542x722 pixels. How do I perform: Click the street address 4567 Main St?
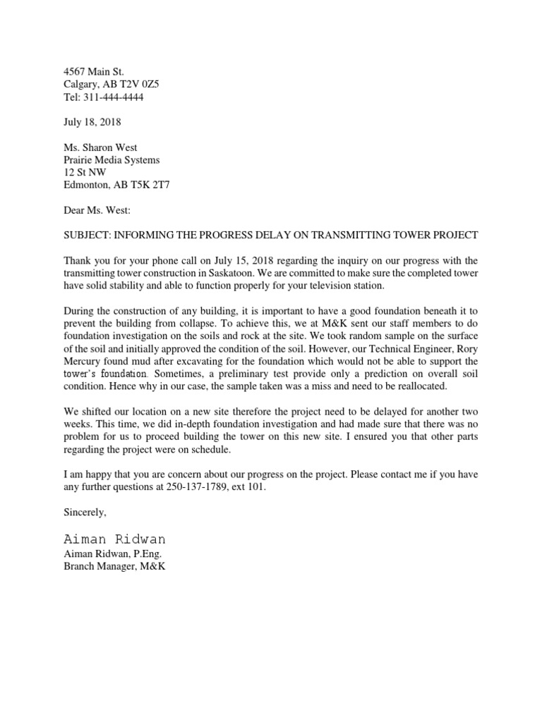coord(93,72)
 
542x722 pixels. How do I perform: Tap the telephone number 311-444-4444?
coord(113,97)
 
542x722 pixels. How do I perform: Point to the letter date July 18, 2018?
coord(92,122)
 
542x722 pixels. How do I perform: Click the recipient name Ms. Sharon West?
coord(100,147)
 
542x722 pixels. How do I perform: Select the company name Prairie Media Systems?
coord(112,160)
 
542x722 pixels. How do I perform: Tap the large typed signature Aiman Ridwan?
coord(114,539)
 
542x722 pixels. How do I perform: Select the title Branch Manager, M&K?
coord(114,566)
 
